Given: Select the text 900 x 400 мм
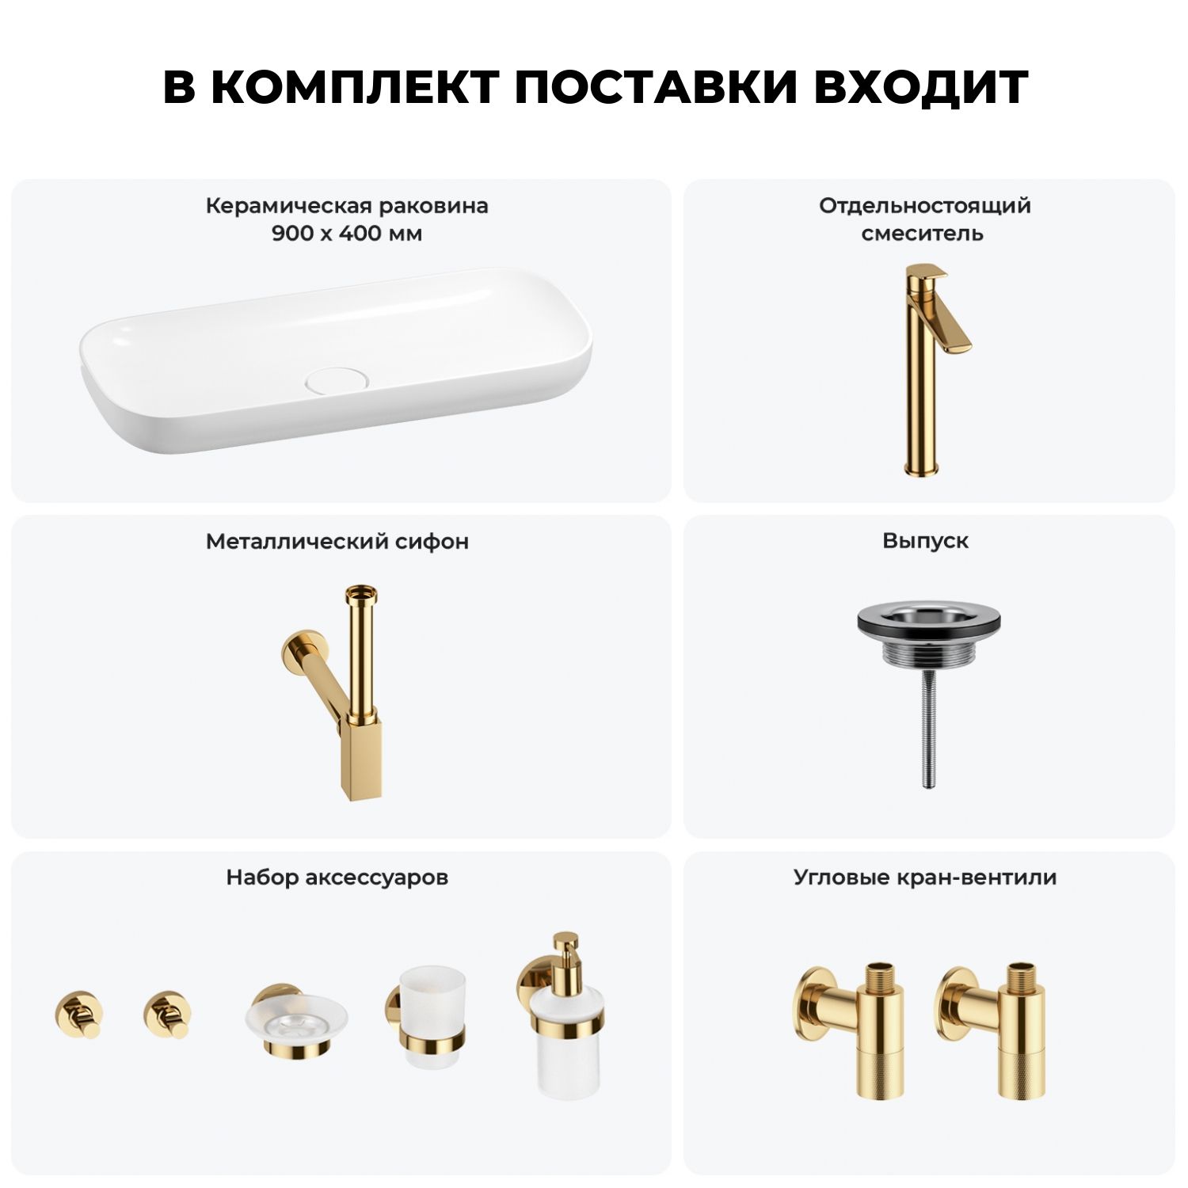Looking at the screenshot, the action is coord(347,234).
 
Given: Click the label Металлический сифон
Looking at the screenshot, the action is coord(337,541).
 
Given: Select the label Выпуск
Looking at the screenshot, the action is coord(925,541).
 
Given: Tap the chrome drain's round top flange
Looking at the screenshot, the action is coord(926,622).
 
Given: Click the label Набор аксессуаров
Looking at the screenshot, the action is coord(337,878).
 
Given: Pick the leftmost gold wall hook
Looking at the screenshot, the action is coord(78,1015).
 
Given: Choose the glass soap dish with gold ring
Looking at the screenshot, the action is coord(295,1022).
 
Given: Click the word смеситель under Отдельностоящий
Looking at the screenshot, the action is coord(923,234).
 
